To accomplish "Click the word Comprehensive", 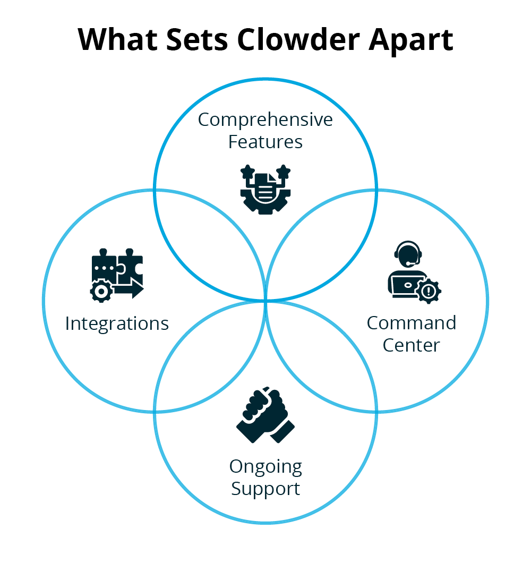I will (265, 120).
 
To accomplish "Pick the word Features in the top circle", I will (265, 142).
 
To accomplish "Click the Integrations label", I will (117, 323).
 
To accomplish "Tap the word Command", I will (412, 323).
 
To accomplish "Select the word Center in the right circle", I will (412, 345).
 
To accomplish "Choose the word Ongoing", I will (265, 466).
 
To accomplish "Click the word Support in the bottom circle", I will (265, 489).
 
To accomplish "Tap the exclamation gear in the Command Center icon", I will (429, 291).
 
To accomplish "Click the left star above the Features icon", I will (247, 172).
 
